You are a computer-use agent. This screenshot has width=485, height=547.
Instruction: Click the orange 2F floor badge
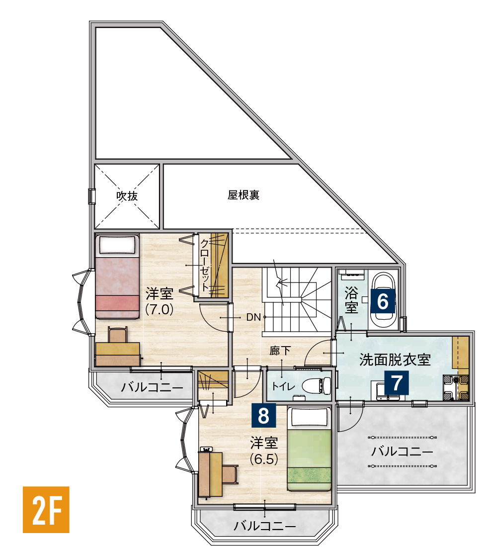click(46, 509)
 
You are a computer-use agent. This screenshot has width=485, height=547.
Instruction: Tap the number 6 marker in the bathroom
click(382, 301)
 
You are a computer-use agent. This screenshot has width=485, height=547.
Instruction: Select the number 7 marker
click(397, 383)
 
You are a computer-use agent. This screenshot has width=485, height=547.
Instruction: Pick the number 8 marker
click(263, 415)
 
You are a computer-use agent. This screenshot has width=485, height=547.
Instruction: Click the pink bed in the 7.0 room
click(118, 277)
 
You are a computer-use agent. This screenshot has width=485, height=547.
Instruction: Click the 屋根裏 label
click(243, 195)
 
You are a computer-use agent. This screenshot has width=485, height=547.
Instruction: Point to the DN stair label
click(253, 317)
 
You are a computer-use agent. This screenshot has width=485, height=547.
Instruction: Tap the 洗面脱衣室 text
click(395, 360)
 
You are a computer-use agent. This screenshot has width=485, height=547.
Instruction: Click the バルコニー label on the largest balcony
click(402, 452)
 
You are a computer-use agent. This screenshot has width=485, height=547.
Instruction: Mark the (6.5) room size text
click(264, 458)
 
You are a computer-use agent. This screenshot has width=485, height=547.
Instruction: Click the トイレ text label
click(284, 386)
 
